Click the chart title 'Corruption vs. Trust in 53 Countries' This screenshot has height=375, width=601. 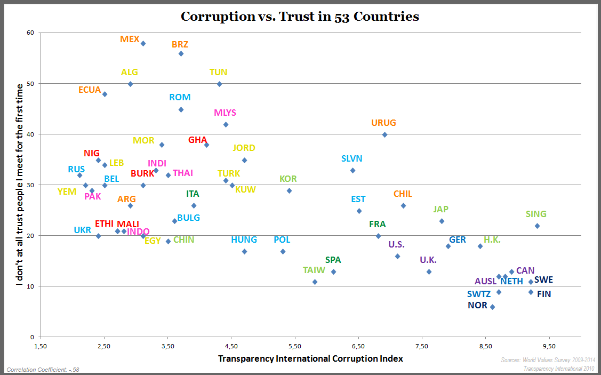(x=300, y=17)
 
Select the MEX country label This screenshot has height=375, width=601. (x=130, y=39)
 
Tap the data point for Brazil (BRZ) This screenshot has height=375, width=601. (x=181, y=54)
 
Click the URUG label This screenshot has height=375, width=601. (x=383, y=123)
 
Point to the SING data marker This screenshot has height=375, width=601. (x=537, y=226)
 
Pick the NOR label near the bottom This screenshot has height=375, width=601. (x=477, y=306)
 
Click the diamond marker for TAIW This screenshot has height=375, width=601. (x=315, y=282)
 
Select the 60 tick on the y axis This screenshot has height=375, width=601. (x=30, y=33)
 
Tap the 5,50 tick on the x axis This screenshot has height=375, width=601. (x=295, y=346)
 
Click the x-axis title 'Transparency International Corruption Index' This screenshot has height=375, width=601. (x=310, y=358)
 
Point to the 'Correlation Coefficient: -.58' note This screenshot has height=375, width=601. (x=43, y=369)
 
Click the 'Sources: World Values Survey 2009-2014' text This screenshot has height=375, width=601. (x=548, y=361)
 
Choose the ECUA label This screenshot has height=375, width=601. (x=90, y=90)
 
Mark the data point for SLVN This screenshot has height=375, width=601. (x=352, y=171)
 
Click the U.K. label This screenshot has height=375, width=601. (x=428, y=260)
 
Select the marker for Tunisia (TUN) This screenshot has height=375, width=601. (x=219, y=84)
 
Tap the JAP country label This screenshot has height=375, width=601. (x=441, y=209)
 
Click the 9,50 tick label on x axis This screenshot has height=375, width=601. (x=549, y=346)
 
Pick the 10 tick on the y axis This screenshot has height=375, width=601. (x=30, y=286)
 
